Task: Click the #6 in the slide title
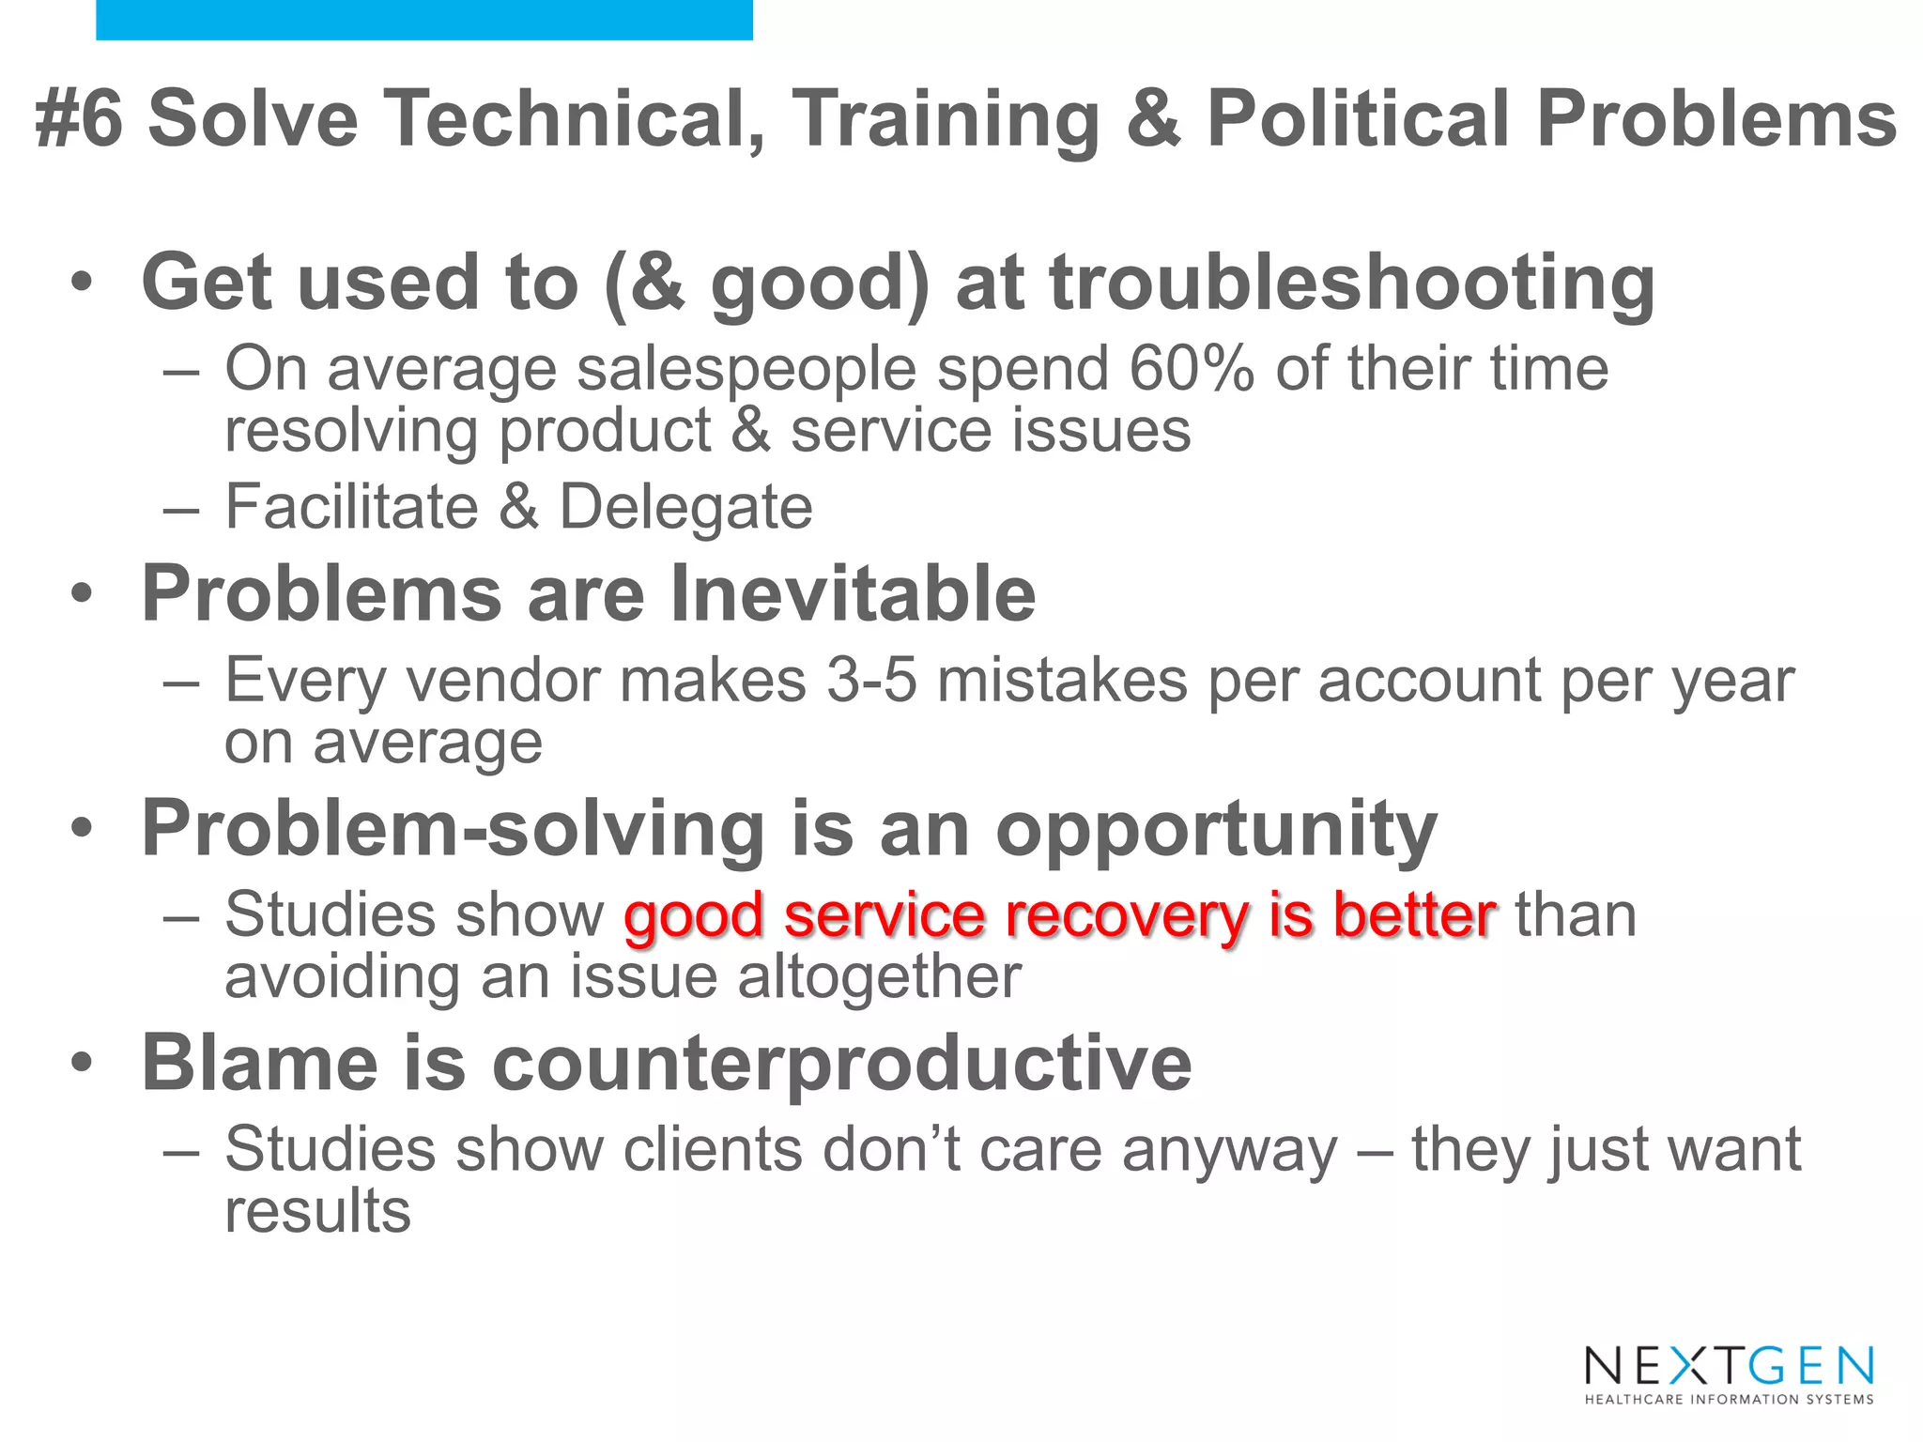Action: (79, 119)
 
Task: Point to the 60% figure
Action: (1191, 368)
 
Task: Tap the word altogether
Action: (879, 978)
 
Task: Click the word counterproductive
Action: (841, 1065)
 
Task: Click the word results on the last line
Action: (317, 1212)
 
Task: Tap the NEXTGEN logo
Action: (1729, 1366)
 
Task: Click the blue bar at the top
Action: (424, 20)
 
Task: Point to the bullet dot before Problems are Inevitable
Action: (83, 594)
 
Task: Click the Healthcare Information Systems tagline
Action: (1729, 1400)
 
